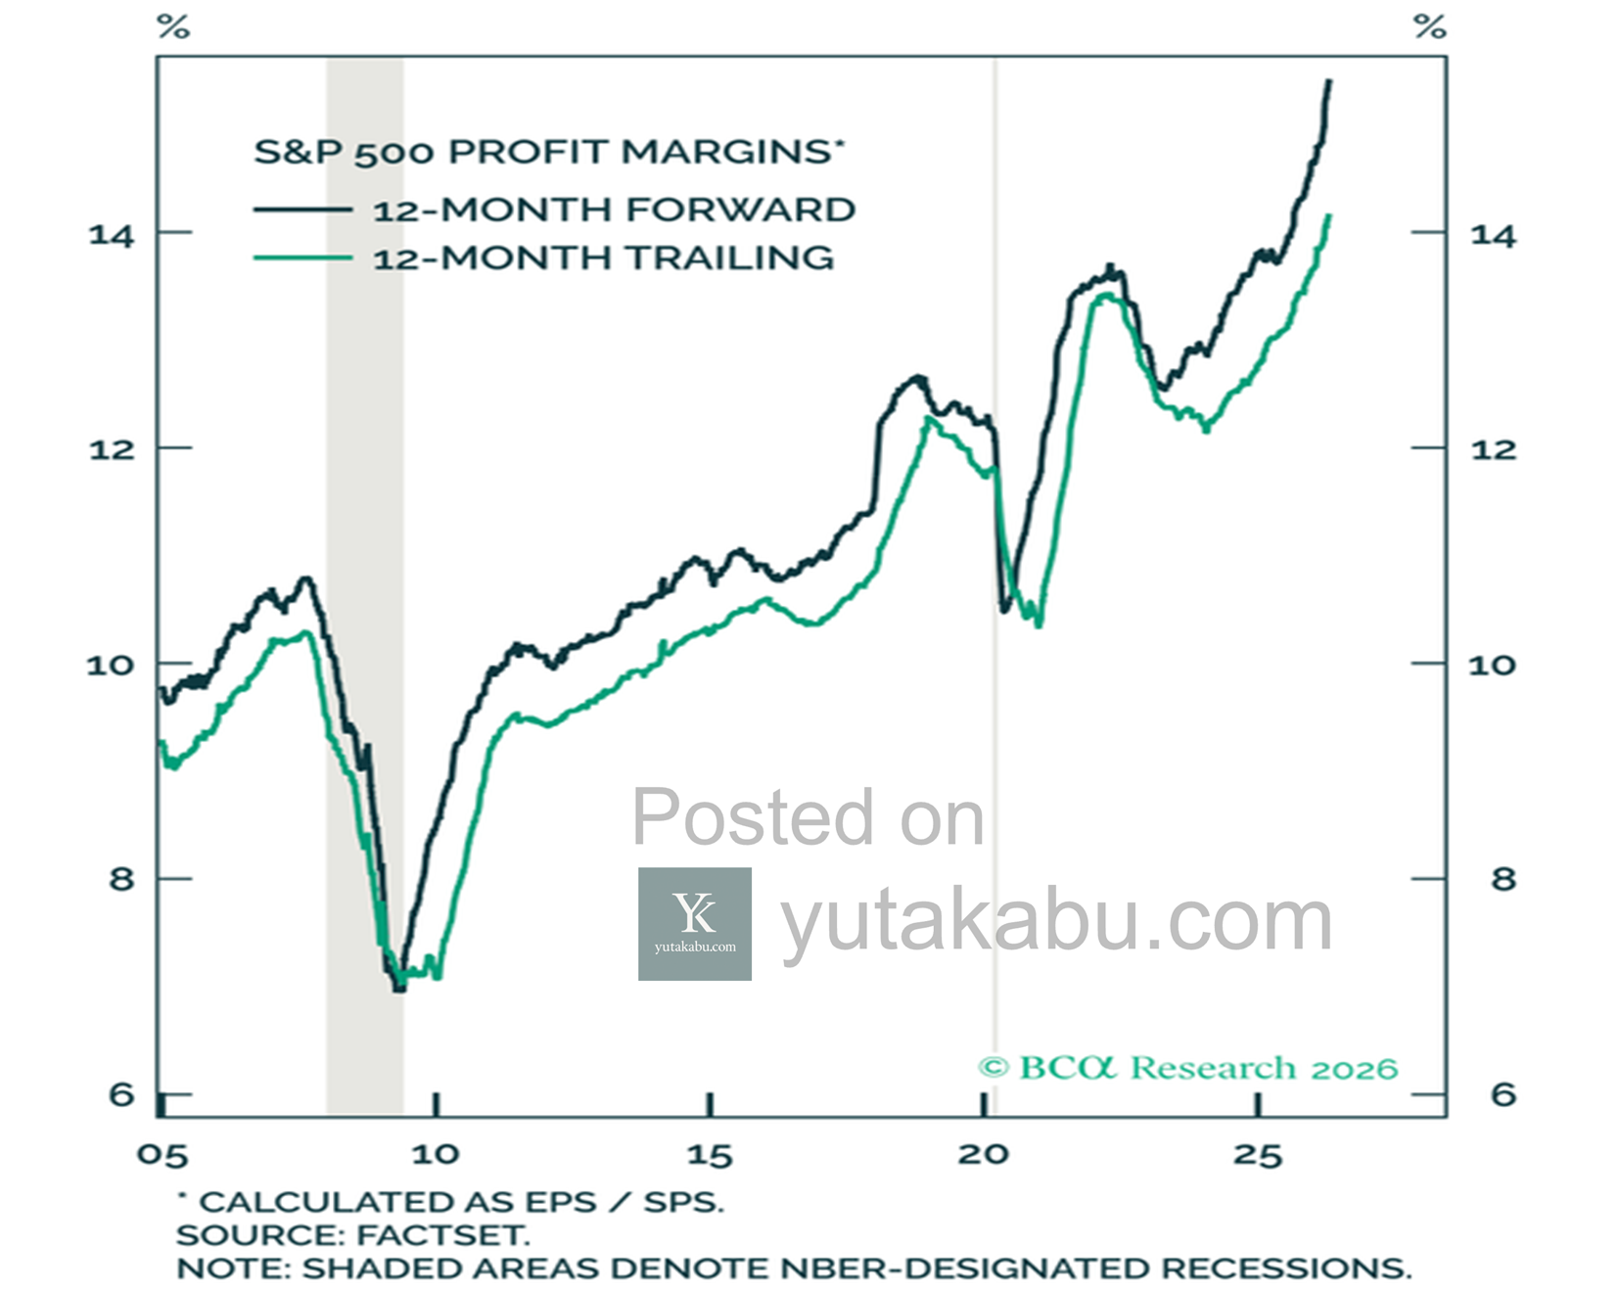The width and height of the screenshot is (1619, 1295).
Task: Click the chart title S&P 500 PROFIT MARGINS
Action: [x=548, y=153]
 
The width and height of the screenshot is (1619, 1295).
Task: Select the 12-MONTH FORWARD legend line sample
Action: [x=302, y=209]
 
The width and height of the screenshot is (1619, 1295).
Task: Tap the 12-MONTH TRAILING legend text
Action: [x=603, y=257]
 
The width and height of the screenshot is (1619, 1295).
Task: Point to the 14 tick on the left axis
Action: [x=111, y=235]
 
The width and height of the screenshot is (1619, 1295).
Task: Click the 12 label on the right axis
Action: [x=1493, y=449]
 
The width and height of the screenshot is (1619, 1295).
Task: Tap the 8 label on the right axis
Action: [x=1503, y=879]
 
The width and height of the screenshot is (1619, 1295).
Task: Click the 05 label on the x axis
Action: [x=162, y=1155]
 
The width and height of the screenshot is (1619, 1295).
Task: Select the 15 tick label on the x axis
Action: [x=710, y=1155]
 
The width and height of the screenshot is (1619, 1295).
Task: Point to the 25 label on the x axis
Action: [x=1258, y=1155]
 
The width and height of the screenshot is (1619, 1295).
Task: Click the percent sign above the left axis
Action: [x=173, y=26]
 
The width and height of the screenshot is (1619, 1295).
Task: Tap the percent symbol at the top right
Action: [x=1430, y=26]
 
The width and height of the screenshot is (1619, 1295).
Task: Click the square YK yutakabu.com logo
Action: [x=695, y=924]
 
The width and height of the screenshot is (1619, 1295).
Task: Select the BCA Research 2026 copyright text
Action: [x=1188, y=1068]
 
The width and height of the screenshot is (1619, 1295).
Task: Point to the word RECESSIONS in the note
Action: [x=1286, y=1269]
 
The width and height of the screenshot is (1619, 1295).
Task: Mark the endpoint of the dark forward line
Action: [x=1328, y=81]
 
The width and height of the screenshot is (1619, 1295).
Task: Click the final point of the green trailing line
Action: [x=1328, y=216]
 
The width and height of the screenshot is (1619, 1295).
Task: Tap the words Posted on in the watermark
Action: [x=808, y=817]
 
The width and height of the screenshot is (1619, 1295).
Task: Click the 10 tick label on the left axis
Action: [x=110, y=665]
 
